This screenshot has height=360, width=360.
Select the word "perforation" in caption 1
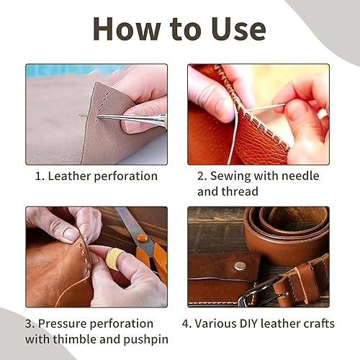click(x=126, y=176)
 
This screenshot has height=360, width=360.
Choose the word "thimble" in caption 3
click(x=75, y=339)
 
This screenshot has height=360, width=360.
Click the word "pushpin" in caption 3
click(x=146, y=340)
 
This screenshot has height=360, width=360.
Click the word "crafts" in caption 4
click(x=319, y=323)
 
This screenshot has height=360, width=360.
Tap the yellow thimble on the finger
click(x=114, y=258)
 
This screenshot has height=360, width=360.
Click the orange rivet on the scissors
click(x=142, y=238)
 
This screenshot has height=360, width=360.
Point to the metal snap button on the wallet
click(x=240, y=265)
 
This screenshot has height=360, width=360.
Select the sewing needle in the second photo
click(x=265, y=107)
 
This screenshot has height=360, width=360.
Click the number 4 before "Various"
click(x=186, y=323)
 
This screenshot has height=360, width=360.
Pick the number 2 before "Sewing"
click(x=201, y=176)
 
